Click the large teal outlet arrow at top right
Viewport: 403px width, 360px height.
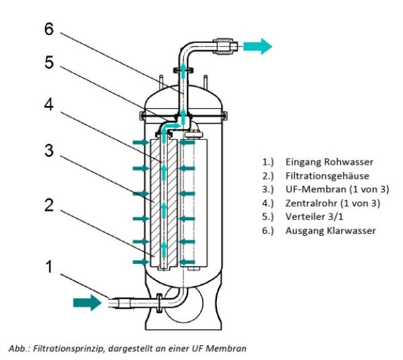tap(257, 46)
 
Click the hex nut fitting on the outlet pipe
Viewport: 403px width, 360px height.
tap(226, 47)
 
